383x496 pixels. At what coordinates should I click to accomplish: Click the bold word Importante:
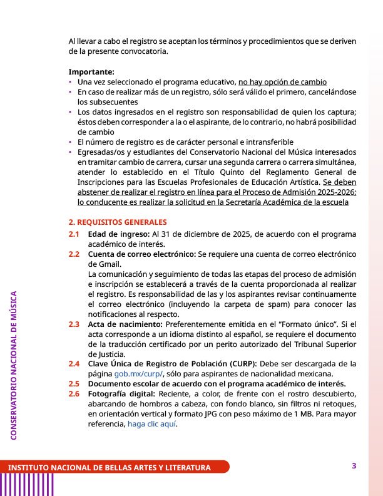click(91, 72)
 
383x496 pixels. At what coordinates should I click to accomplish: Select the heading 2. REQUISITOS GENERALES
click(118, 222)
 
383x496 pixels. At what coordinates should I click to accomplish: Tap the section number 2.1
click(74, 234)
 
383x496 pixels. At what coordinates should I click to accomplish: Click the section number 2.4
click(74, 364)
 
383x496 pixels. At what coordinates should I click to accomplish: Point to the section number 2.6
click(74, 393)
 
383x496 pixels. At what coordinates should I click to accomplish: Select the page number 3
click(354, 466)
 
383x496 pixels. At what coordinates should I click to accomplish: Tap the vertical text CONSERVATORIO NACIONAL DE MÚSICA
click(14, 364)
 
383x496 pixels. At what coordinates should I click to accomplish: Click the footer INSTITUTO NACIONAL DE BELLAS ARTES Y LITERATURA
click(109, 468)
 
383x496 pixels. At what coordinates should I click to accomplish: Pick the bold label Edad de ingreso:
click(115, 234)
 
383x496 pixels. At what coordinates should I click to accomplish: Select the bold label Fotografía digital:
click(122, 393)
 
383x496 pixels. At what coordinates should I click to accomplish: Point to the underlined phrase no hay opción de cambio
click(282, 82)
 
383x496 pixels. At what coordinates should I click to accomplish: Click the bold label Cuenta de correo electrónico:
click(141, 254)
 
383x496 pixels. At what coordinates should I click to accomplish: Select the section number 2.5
click(74, 384)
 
